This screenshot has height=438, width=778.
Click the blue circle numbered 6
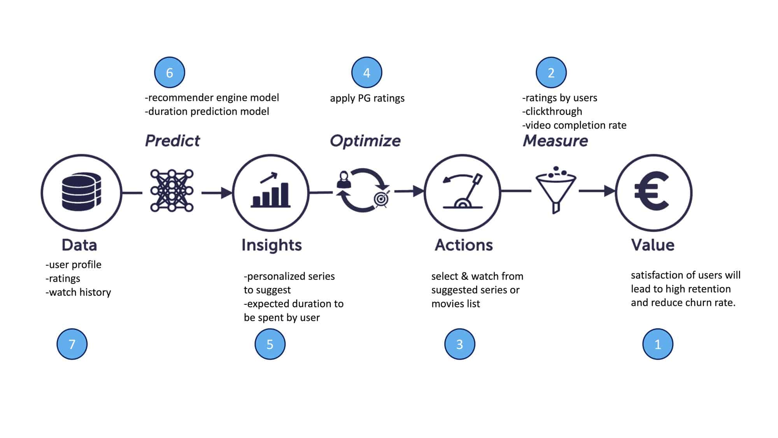pos(170,72)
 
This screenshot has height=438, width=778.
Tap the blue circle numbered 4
pos(367,72)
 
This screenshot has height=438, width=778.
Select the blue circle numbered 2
pos(551,72)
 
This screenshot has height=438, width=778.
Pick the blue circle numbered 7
pos(72,344)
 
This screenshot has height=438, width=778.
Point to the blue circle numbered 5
pos(270,344)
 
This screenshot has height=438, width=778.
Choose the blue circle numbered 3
pos(460,344)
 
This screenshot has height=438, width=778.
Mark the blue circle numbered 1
pos(658,344)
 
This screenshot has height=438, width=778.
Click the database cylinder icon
pos(81,192)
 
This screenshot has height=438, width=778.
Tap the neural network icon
pos(172,190)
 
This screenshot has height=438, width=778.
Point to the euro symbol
pos(652,191)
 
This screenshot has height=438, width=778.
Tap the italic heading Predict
pos(172,141)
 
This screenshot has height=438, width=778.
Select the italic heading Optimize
pos(365,141)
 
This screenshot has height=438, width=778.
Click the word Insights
pos(272,245)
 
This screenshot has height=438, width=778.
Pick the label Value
pos(653,245)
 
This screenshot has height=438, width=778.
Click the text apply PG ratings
pos(367,98)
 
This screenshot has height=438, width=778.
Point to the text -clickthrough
pos(552,111)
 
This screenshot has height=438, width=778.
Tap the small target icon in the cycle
pos(382,199)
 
